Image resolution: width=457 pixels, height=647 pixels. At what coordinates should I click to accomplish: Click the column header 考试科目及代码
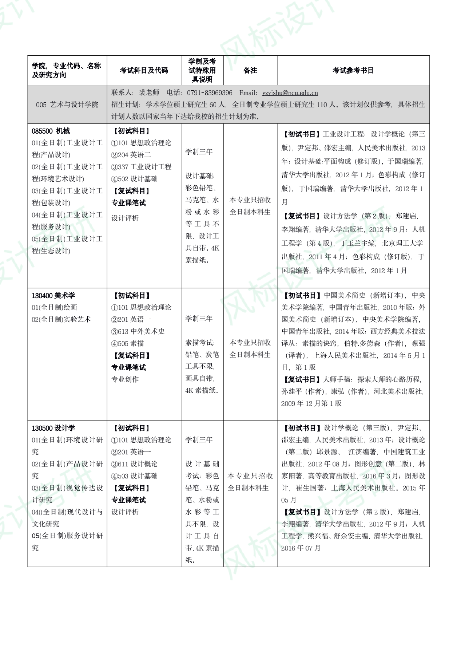pyautogui.click(x=144, y=70)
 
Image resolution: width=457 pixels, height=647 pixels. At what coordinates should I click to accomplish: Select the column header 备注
pyautogui.click(x=250, y=70)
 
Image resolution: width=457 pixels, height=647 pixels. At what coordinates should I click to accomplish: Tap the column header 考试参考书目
pyautogui.click(x=353, y=70)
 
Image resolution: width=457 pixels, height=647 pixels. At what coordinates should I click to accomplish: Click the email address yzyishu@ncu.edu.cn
pyautogui.click(x=290, y=93)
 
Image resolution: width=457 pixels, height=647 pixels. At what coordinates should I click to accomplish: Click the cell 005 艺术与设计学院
pyautogui.click(x=67, y=105)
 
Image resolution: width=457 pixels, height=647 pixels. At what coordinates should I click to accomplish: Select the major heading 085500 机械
pyautogui.click(x=51, y=131)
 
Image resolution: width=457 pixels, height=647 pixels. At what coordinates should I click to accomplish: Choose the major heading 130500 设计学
pyautogui.click(x=53, y=428)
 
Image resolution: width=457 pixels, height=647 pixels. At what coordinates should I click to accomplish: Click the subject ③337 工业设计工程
pyautogui.click(x=141, y=167)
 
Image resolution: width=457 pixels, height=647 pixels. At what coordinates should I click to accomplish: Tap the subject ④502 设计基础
pyautogui.click(x=134, y=179)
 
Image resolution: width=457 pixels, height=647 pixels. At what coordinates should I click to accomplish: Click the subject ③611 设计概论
pyautogui.click(x=134, y=464)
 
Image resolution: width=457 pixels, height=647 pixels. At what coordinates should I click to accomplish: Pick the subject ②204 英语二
pyautogui.click(x=131, y=155)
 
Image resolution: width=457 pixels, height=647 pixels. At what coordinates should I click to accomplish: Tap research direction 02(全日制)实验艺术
pyautogui.click(x=61, y=319)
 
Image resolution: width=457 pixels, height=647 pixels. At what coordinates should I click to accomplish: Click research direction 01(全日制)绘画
pyautogui.click(x=54, y=307)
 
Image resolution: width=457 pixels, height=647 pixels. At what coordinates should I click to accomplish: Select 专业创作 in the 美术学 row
pyautogui.click(x=125, y=379)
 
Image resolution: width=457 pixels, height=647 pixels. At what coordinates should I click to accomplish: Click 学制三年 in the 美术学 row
pyautogui.click(x=199, y=319)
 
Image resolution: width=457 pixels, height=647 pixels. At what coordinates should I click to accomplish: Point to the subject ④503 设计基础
pyautogui.click(x=134, y=476)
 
